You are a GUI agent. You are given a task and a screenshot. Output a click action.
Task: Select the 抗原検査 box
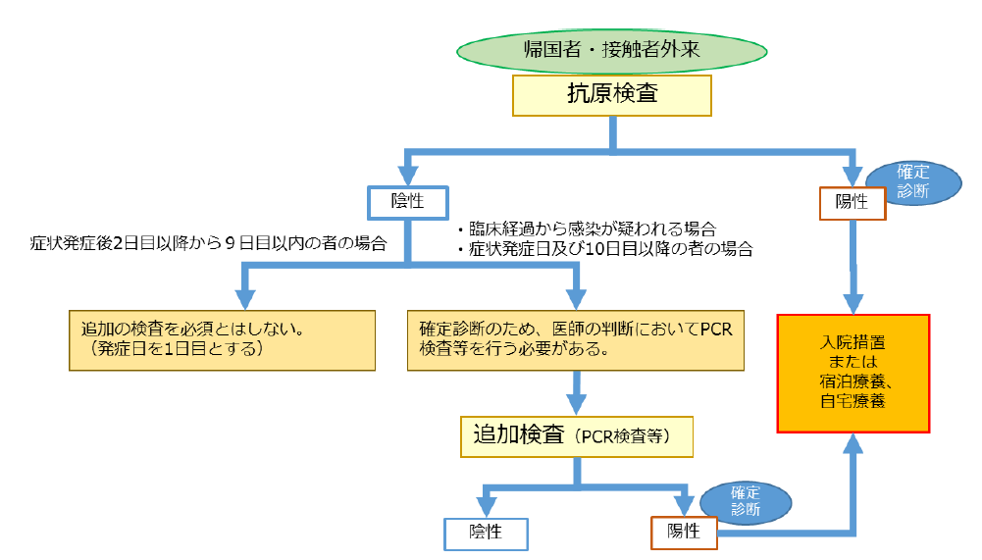pos(612,95)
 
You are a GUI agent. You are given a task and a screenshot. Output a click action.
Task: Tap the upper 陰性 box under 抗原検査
pos(406,201)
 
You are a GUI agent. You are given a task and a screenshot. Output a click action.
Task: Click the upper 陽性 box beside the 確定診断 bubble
pos(853,202)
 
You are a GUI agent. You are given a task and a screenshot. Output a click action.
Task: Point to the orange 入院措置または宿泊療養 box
pos(853,373)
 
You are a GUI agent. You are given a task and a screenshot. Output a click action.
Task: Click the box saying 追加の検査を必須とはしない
pos(222,340)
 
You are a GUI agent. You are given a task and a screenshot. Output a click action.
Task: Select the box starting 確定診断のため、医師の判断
pos(576,340)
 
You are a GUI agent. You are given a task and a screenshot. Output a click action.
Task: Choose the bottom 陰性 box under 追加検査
pos(486,533)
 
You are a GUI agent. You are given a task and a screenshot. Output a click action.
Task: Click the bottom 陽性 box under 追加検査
pos(684,532)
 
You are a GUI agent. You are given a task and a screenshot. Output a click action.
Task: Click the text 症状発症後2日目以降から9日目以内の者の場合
pos(207,242)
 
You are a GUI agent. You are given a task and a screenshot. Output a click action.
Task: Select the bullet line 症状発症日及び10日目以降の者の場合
pos(604,249)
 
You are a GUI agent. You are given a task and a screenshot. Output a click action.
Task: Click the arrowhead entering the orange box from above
pos(853,300)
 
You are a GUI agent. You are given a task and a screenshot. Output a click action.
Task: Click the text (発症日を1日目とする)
pos(176,350)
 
